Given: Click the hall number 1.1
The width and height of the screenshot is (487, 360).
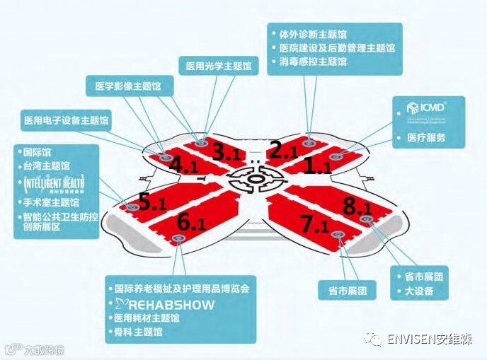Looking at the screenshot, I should [x=317, y=167].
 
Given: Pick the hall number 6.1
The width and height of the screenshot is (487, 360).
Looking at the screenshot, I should [x=192, y=223].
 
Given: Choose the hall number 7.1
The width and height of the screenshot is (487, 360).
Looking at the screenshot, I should [x=316, y=226].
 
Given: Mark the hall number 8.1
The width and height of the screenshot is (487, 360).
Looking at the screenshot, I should [x=357, y=207].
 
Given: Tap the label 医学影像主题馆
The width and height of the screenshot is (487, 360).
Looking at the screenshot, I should [x=128, y=87].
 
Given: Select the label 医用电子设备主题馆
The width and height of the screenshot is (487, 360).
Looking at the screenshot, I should [x=66, y=120].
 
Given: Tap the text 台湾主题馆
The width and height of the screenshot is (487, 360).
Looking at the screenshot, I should [x=46, y=166].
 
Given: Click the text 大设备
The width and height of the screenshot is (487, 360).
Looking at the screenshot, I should [x=419, y=291].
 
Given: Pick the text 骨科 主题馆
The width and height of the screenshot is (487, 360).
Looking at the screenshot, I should [x=139, y=331].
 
